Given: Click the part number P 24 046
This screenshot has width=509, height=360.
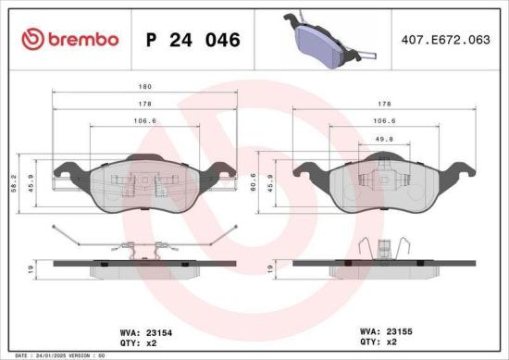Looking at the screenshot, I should coord(193,40).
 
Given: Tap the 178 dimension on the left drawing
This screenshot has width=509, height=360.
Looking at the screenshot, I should coord(144,105).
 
